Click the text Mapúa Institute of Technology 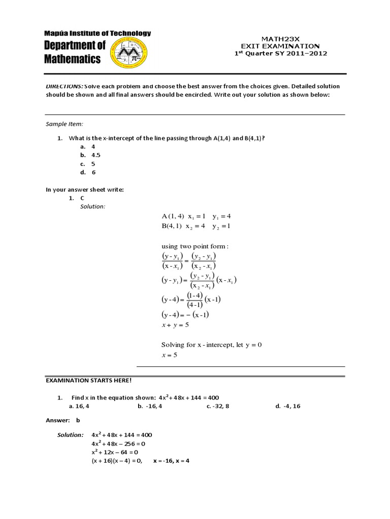97,33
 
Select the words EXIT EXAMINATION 280,46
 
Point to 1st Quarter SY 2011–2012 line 280,53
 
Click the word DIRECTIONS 64,87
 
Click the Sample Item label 64,124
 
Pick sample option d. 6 88,172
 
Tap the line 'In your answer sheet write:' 85,190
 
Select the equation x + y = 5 175,325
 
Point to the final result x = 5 169,355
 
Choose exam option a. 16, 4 79,406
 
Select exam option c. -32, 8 218,406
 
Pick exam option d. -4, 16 288,406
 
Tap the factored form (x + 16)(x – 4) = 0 116,461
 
